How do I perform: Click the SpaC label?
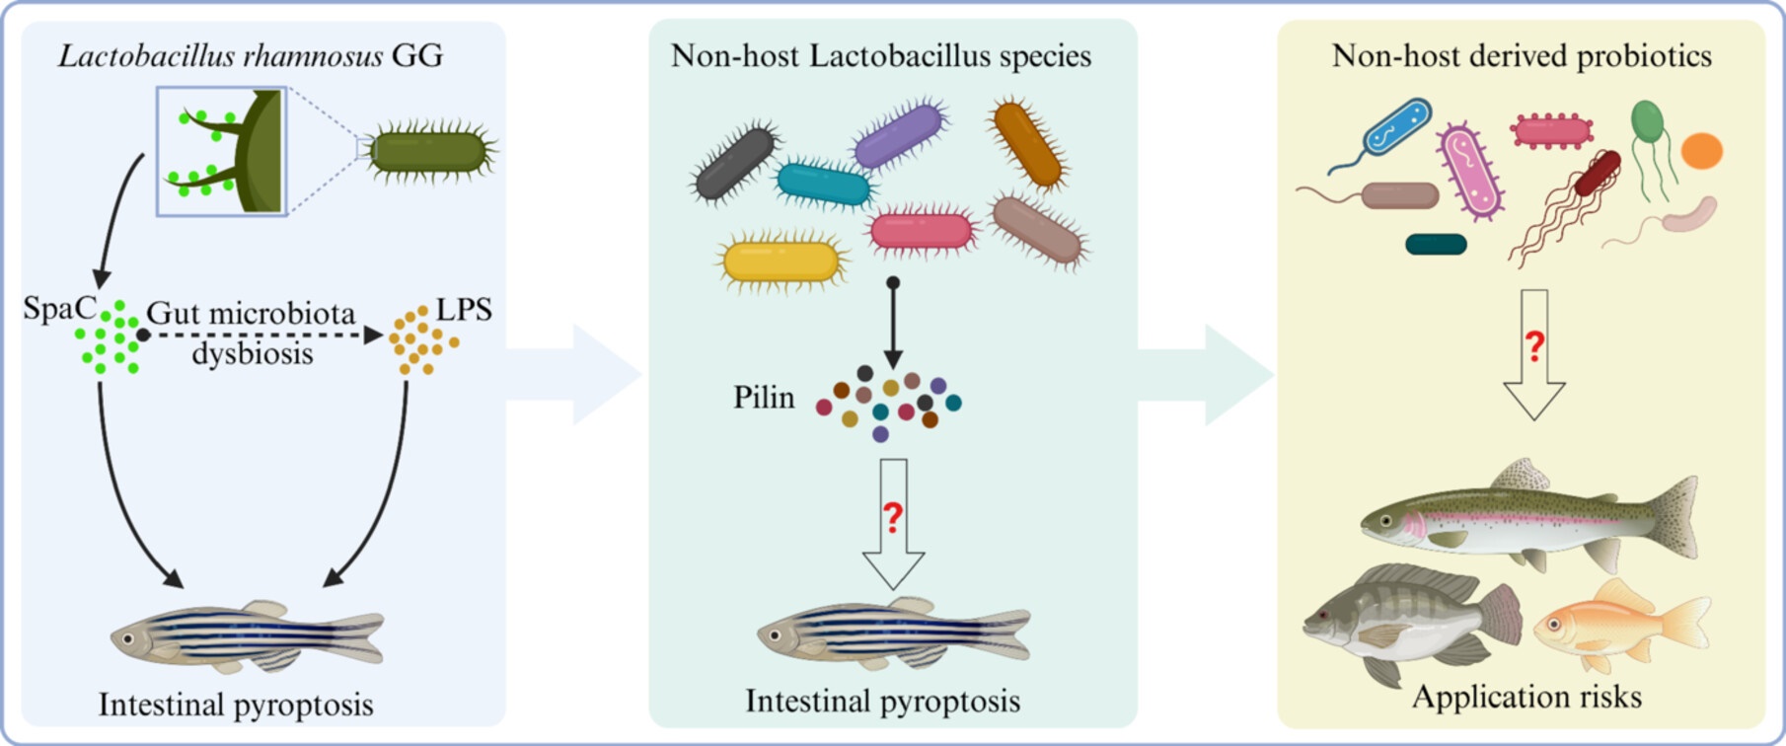coord(59,309)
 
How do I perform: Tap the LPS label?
coord(464,309)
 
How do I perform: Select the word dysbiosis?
coord(253,353)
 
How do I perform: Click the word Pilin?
coord(763,398)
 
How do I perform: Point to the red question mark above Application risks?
coord(1534,346)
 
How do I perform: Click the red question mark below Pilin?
coord(893,516)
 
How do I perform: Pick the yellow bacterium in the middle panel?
coord(781,261)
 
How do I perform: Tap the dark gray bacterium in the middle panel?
coord(735,163)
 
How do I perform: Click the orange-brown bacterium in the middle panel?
coord(1027,144)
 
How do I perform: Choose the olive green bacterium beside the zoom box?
coord(429,152)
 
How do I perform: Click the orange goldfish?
coord(1618,624)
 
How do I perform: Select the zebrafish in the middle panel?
coord(893,632)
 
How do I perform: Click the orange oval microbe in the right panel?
coord(1701,152)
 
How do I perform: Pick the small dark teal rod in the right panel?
coord(1436,244)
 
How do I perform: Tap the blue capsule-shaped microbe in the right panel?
coord(1396,127)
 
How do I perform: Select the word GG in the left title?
coord(417,55)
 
